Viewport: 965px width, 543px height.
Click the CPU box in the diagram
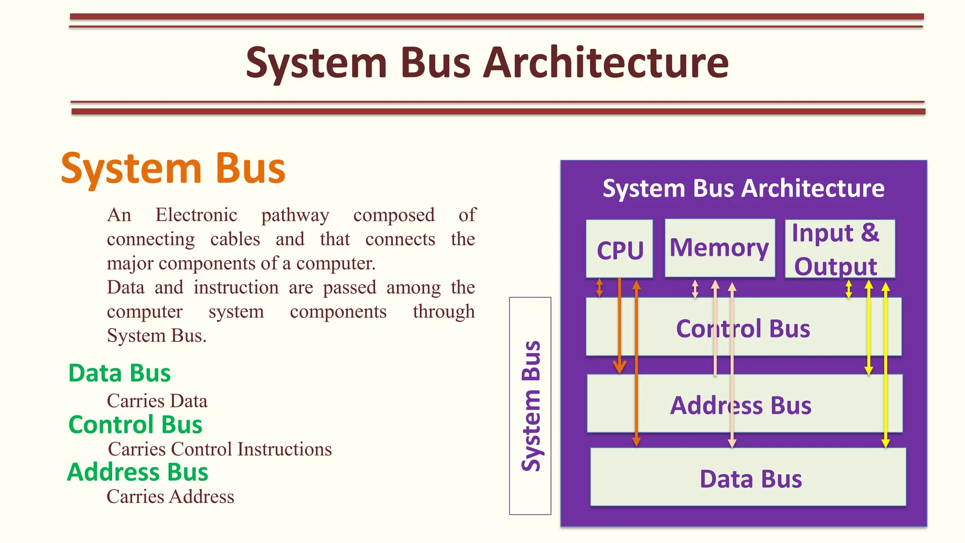tap(619, 249)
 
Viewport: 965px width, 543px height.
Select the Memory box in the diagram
tap(720, 248)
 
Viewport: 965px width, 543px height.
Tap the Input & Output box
tap(840, 249)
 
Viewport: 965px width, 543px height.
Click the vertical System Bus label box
tap(530, 405)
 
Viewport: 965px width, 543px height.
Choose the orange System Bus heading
tap(173, 169)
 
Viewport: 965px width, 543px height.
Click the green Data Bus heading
tap(119, 373)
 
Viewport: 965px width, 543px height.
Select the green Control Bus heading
tap(135, 425)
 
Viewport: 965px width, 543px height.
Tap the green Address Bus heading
tap(138, 472)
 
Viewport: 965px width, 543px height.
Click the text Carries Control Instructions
tap(220, 449)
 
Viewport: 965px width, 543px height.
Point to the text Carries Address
tap(170, 497)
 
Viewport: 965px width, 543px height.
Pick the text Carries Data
tap(157, 401)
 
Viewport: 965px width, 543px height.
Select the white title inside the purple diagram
tap(743, 189)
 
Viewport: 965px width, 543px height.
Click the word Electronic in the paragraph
tap(196, 215)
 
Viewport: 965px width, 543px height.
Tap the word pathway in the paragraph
tap(295, 215)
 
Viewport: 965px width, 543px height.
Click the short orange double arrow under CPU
tap(599, 288)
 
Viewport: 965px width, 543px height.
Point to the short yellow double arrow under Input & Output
tap(849, 289)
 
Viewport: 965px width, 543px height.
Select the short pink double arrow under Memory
tap(695, 289)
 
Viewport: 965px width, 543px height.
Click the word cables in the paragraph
tap(235, 239)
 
